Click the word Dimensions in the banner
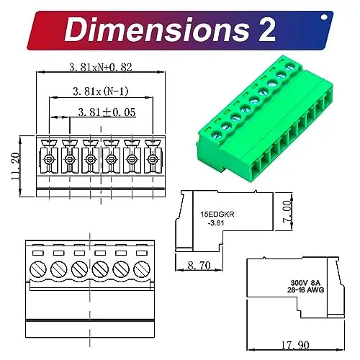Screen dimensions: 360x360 click(x=157, y=30)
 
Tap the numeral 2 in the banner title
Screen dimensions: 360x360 click(x=266, y=30)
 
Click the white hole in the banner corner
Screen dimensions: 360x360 click(x=324, y=17)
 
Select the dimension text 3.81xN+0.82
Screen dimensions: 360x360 click(x=101, y=67)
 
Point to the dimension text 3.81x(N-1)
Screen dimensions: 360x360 click(x=101, y=91)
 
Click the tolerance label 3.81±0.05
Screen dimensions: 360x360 click(x=107, y=112)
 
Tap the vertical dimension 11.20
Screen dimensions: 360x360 click(x=15, y=166)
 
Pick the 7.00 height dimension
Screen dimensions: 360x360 click(x=287, y=212)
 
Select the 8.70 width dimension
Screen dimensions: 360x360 click(x=199, y=266)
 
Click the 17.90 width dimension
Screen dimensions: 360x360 click(x=295, y=345)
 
